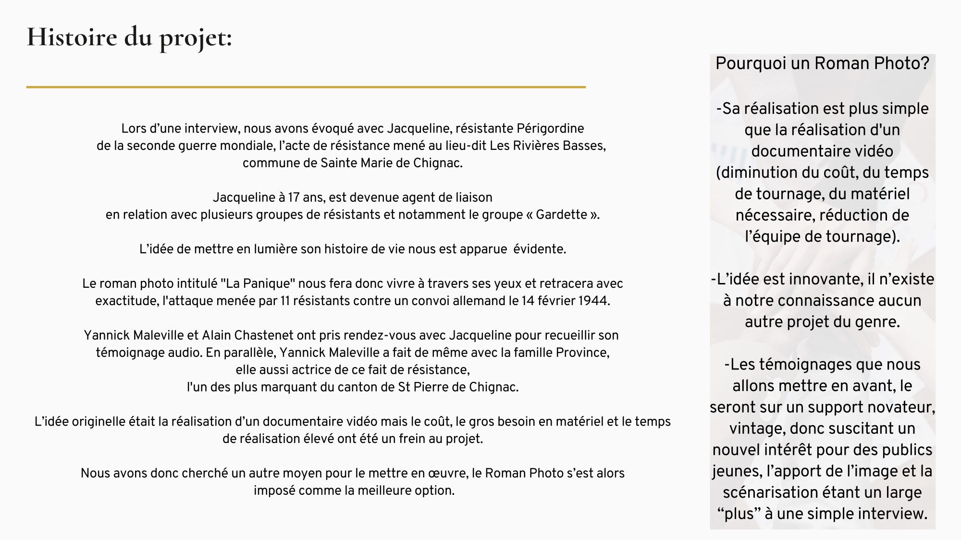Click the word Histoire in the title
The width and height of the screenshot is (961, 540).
click(72, 37)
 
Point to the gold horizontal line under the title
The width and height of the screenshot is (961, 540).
click(306, 87)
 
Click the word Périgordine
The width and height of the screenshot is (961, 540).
click(550, 129)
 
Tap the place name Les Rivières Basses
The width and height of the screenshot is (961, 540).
click(547, 146)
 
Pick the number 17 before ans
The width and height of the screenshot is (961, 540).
click(294, 197)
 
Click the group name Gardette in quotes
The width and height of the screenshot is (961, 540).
click(561, 215)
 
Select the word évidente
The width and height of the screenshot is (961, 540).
click(539, 249)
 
